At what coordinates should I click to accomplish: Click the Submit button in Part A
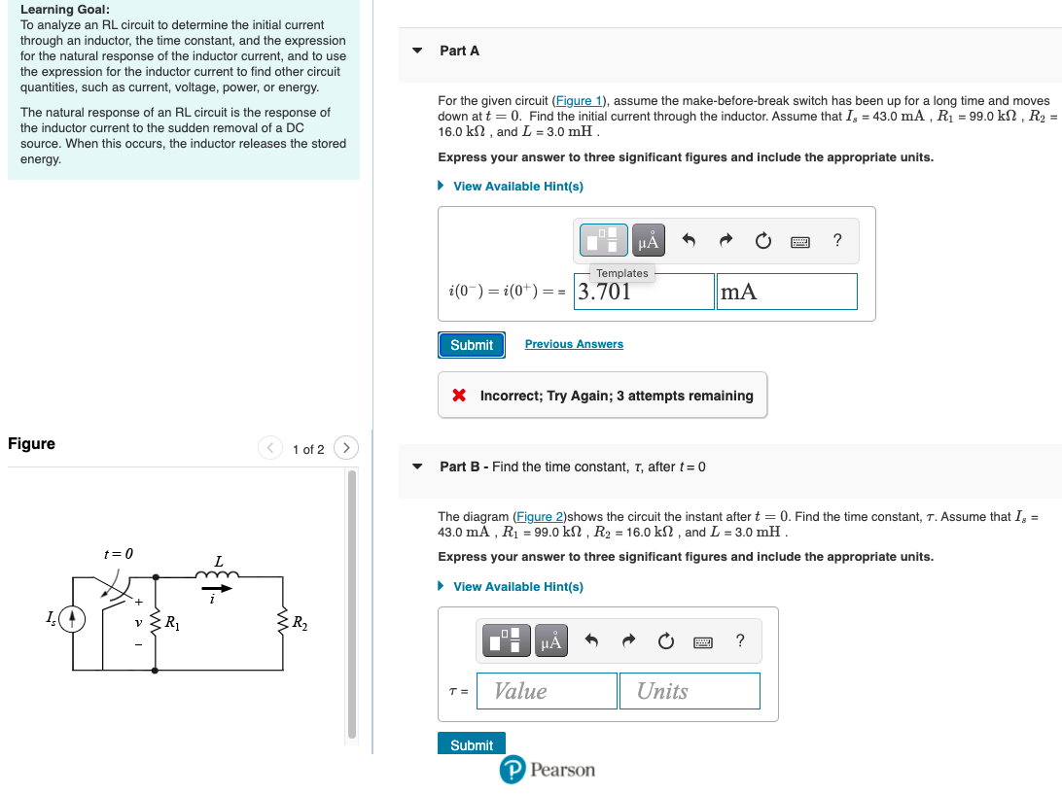472,345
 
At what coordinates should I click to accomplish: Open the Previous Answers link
574,344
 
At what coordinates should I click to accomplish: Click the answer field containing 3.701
644,292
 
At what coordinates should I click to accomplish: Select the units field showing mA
787,292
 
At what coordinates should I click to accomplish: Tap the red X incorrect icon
459,396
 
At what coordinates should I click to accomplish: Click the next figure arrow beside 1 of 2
345,448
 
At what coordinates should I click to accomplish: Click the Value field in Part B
547,691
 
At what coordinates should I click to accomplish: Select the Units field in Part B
690,691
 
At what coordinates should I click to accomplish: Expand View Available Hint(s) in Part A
517,187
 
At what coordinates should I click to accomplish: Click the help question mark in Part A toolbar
838,240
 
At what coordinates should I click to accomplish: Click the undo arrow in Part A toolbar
689,240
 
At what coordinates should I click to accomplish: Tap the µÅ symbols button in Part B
551,640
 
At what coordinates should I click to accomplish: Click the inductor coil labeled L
218,578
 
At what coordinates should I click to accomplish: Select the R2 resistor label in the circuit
300,622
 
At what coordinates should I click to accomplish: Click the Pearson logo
548,770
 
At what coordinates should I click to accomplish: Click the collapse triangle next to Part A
417,51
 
